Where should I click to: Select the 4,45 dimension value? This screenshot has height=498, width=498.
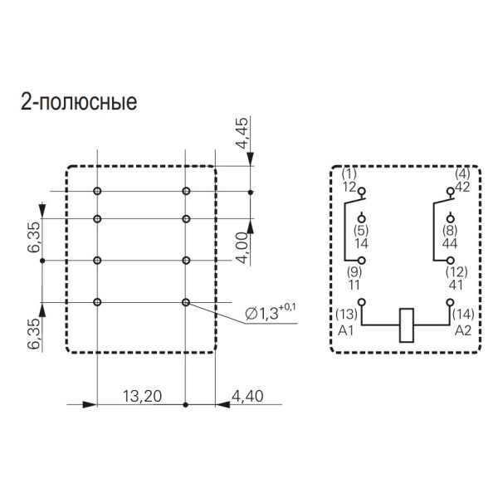[x=242, y=133]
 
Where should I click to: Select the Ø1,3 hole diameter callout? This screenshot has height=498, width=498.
[x=269, y=314]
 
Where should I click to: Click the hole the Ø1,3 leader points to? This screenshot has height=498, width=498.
[x=186, y=301]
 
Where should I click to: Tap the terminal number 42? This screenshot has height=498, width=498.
[x=462, y=187]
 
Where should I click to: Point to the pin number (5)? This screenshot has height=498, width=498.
[x=360, y=230]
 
